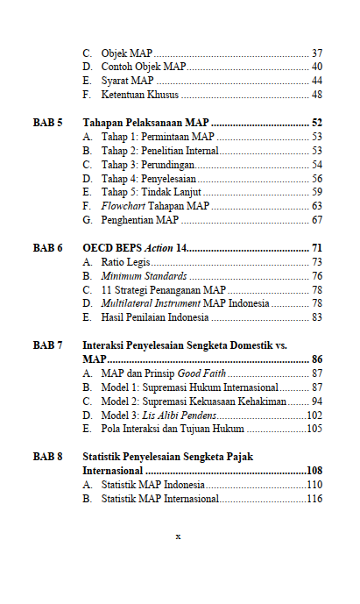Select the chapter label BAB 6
pyautogui.click(x=47, y=249)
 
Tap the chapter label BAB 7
pyautogui.click(x=47, y=346)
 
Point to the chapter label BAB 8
pyautogui.click(x=47, y=457)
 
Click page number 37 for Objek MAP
pyautogui.click(x=316, y=53)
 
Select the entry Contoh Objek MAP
pyautogui.click(x=143, y=67)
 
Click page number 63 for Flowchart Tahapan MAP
pyautogui.click(x=316, y=206)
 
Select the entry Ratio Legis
pyautogui.click(x=124, y=262)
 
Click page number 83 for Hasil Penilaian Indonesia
pyautogui.click(x=316, y=317)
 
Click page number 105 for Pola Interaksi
pyautogui.click(x=314, y=429)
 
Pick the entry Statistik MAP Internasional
pyautogui.click(x=159, y=499)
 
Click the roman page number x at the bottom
pyautogui.click(x=178, y=536)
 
